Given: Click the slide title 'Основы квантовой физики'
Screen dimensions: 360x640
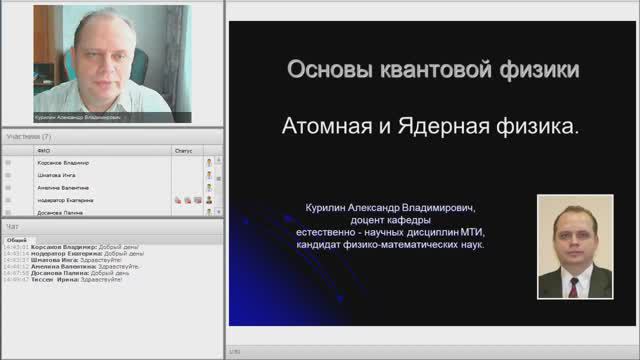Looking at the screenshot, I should [432, 71].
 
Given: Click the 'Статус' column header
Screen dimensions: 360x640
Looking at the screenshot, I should [183, 150].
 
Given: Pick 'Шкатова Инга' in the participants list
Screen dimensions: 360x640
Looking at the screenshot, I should [56, 175].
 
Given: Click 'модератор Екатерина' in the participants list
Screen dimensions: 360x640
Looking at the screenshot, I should [65, 200].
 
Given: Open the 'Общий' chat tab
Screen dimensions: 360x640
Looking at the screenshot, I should [16, 240].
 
